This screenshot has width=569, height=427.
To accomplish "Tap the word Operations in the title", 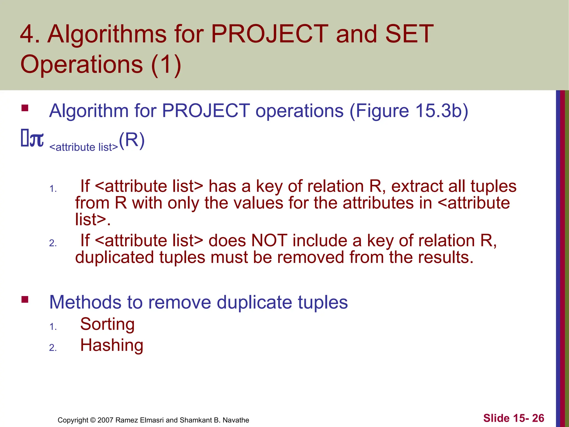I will [81, 64].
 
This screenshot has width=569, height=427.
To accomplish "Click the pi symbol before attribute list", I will [36, 140].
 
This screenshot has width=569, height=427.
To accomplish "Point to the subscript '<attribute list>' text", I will [84, 147].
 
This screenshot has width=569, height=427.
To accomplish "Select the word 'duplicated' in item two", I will [114, 257].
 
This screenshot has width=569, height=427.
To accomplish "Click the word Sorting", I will [107, 324].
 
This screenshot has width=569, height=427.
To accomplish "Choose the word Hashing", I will [112, 345].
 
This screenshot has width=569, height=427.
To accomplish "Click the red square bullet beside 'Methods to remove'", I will [25, 299].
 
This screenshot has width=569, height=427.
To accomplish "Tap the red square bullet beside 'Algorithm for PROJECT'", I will [25, 108].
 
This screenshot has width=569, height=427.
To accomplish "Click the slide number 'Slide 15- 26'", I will [513, 418].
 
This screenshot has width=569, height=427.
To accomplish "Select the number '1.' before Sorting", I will [53, 327].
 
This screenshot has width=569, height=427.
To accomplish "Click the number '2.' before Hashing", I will [53, 347].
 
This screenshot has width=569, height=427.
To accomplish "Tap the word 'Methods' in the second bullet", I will [85, 302].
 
